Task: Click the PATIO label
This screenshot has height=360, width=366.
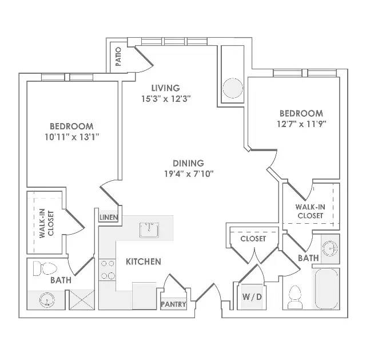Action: click(x=118, y=57)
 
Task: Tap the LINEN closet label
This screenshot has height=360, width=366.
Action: click(x=109, y=217)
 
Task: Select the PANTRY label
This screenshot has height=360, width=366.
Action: click(x=173, y=304)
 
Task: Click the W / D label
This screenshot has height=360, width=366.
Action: click(x=252, y=296)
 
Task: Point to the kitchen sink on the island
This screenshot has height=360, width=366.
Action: click(x=149, y=230)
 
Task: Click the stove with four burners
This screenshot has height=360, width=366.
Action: click(x=108, y=270)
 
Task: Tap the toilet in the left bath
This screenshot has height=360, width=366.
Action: click(x=45, y=268)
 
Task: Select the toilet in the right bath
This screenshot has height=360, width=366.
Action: click(x=295, y=297)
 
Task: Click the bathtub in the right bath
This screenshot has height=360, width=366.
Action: click(x=327, y=289)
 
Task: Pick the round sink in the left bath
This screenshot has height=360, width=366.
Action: click(x=47, y=300)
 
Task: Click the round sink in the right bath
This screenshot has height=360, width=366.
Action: click(x=330, y=248)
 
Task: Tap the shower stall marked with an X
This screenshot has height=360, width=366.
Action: click(x=82, y=300)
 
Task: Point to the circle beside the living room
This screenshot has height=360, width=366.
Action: click(x=233, y=88)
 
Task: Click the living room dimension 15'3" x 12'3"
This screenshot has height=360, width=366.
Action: click(x=166, y=99)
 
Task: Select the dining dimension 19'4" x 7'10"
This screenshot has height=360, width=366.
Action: click(x=189, y=174)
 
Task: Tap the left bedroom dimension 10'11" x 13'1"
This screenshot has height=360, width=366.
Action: click(x=72, y=137)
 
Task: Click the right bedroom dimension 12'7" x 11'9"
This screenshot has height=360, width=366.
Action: click(x=301, y=124)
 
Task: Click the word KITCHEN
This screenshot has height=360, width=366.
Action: click(x=144, y=262)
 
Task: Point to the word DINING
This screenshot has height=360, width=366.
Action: click(x=188, y=163)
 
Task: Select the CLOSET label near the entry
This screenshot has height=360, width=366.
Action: click(x=253, y=239)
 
